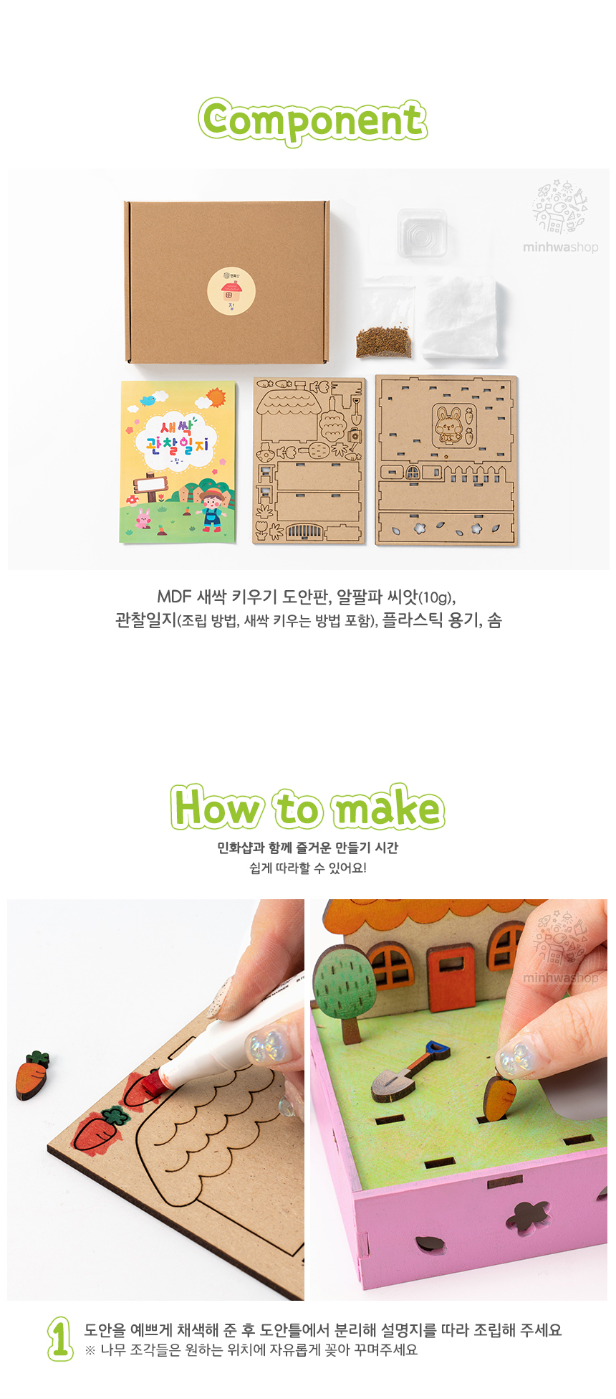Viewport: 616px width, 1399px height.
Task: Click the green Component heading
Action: tap(313, 121)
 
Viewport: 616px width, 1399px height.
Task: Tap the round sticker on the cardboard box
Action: tap(231, 291)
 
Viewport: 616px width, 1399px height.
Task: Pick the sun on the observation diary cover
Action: tap(215, 397)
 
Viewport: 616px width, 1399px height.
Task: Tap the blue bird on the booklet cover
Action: tap(149, 399)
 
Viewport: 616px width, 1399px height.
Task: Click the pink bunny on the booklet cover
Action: tap(143, 518)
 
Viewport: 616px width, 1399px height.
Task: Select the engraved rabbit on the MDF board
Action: tap(449, 424)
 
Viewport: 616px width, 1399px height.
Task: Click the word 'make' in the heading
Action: tap(387, 808)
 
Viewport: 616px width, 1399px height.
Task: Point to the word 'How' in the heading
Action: tap(218, 808)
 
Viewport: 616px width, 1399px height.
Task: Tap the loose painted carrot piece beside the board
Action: tap(32, 1074)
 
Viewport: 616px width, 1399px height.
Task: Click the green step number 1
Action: tap(60, 1338)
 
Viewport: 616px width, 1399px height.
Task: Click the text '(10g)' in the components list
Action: tap(435, 597)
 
